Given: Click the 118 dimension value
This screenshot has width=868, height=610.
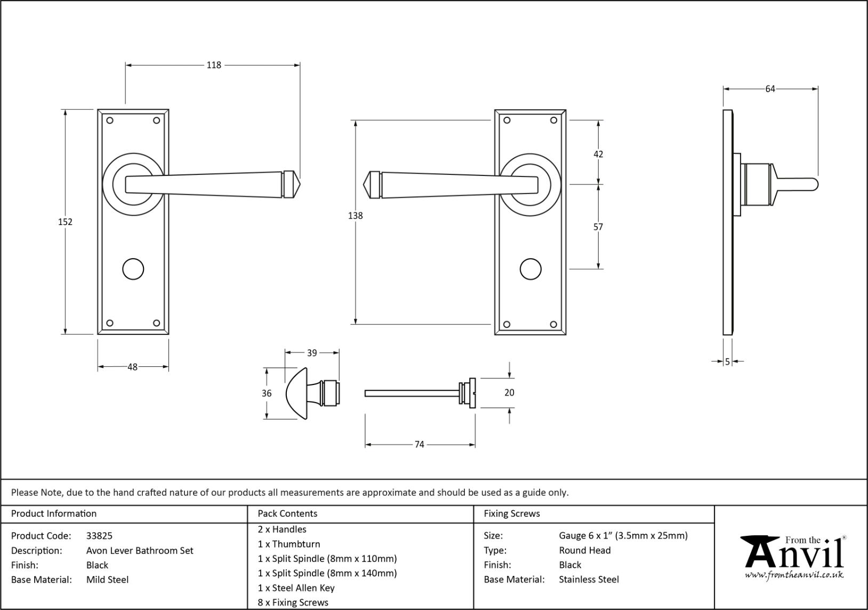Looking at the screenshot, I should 214,65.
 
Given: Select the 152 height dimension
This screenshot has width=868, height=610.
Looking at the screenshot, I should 65,222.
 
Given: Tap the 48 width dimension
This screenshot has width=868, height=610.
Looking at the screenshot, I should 133,367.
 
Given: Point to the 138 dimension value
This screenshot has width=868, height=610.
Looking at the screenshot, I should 355,215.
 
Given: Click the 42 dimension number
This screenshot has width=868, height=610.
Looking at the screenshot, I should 598,154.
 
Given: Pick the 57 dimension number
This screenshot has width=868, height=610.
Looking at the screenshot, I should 598,227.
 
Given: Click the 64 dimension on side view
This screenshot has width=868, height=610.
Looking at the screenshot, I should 770,89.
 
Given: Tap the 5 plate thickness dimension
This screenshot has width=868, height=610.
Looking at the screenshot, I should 727,362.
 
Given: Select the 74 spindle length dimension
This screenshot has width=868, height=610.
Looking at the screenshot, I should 420,444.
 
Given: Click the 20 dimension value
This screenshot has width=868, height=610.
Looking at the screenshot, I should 509,392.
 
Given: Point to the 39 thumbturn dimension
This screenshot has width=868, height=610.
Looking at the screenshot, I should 312,352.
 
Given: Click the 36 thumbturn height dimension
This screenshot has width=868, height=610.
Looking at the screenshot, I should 267,393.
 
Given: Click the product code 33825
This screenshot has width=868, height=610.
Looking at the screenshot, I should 99,536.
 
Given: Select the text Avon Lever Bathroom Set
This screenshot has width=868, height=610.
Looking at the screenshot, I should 140,550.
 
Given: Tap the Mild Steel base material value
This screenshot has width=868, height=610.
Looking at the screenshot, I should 107,580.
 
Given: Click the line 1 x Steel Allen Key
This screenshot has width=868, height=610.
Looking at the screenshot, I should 296,588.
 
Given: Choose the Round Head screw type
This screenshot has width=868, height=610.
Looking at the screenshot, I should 585,550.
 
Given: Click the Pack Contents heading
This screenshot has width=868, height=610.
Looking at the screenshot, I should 287,513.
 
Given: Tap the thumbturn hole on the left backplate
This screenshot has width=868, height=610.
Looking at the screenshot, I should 133,269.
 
